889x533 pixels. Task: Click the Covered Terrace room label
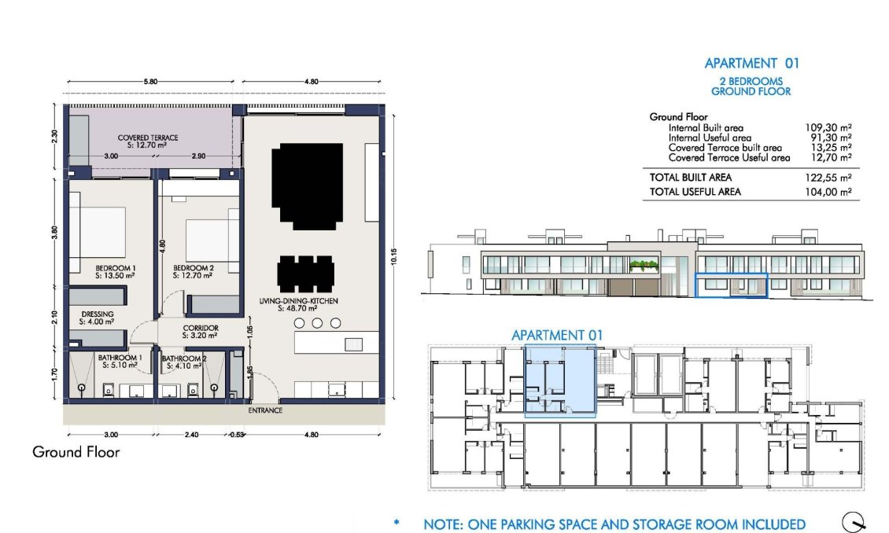click(x=148, y=142)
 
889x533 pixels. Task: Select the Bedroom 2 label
click(x=193, y=271)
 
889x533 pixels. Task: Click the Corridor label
click(x=200, y=332)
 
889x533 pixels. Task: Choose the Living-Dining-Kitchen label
click(x=304, y=304)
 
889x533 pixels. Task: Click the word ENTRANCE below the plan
click(x=265, y=410)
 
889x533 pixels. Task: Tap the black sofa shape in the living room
click(x=308, y=186)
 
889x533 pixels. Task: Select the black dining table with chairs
click(x=308, y=274)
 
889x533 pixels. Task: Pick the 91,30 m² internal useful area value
click(x=829, y=138)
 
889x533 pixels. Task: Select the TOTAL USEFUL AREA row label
click(x=695, y=192)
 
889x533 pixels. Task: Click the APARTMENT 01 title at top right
click(x=751, y=64)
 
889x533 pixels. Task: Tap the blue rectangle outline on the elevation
click(x=732, y=286)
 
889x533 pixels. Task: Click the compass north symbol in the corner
click(x=854, y=521)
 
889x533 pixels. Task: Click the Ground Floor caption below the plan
click(x=76, y=452)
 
